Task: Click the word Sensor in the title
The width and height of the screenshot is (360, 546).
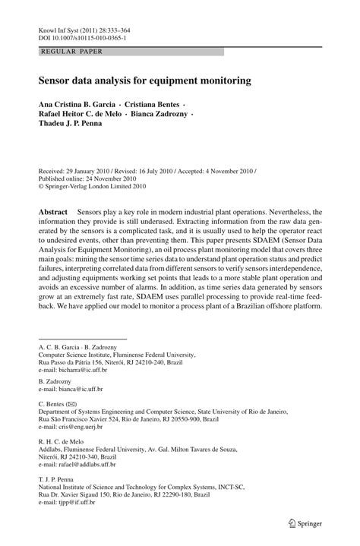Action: [55, 79]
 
